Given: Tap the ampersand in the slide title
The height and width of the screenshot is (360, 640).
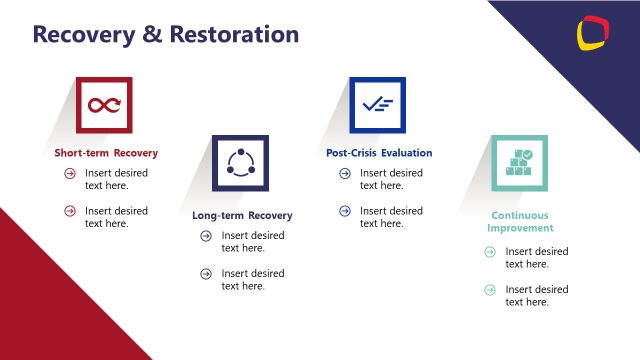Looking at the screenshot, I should [151, 34].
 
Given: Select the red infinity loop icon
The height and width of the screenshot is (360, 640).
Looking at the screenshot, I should [105, 105].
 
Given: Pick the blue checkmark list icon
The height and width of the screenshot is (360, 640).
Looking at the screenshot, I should [377, 104].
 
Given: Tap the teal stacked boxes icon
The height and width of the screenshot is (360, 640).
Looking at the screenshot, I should [520, 163].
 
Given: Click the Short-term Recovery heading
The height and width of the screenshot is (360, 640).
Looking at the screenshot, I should [106, 153].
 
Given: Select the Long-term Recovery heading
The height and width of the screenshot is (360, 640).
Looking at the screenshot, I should [242, 215].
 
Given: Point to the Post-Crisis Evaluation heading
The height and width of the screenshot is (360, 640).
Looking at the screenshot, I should [379, 153].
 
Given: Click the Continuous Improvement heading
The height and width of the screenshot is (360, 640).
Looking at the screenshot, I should [520, 221].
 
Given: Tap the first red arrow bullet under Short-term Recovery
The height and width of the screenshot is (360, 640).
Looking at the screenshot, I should [70, 173].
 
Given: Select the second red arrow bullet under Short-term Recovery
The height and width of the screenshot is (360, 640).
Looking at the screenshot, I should [70, 211].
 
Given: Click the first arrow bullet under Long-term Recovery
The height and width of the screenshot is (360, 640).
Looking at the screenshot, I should [206, 236].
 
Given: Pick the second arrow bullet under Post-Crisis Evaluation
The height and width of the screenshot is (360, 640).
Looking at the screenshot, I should [345, 211].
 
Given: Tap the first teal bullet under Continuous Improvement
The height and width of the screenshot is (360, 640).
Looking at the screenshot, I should [490, 252].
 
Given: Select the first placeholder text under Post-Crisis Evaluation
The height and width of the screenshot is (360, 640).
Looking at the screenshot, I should [391, 179].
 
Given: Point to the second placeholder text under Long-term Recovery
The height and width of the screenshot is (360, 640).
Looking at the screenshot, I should [252, 280].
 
